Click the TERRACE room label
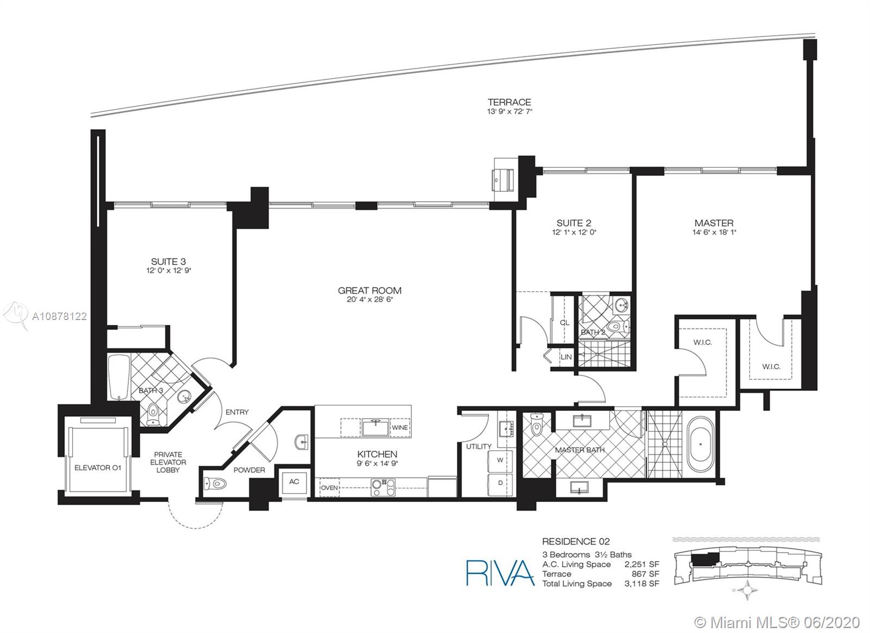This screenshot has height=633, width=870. click(x=509, y=102)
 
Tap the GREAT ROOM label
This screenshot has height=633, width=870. click(x=369, y=290)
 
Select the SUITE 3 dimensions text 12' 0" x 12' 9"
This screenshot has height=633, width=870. click(x=169, y=271)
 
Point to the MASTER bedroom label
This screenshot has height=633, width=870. click(x=714, y=223)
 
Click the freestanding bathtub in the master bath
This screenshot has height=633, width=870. click(x=700, y=444)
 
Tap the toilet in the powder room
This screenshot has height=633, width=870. click(x=215, y=484)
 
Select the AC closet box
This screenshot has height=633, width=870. click(x=294, y=481)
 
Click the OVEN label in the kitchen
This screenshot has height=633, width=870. click(x=330, y=488)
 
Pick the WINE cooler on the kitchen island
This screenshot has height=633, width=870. click(x=400, y=427)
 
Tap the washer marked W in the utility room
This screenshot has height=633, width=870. click(x=500, y=460)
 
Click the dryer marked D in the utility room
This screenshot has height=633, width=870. click(x=500, y=484)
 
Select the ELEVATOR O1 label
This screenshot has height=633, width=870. click(x=97, y=468)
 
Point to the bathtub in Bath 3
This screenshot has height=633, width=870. click(x=119, y=377)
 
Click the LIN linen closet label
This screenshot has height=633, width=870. click(x=566, y=356)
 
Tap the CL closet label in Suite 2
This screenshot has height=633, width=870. click(x=564, y=323)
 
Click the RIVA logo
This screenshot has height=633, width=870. click(x=500, y=573)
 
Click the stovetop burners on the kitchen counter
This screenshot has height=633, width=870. click(x=383, y=487)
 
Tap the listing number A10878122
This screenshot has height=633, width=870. click(x=59, y=317)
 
